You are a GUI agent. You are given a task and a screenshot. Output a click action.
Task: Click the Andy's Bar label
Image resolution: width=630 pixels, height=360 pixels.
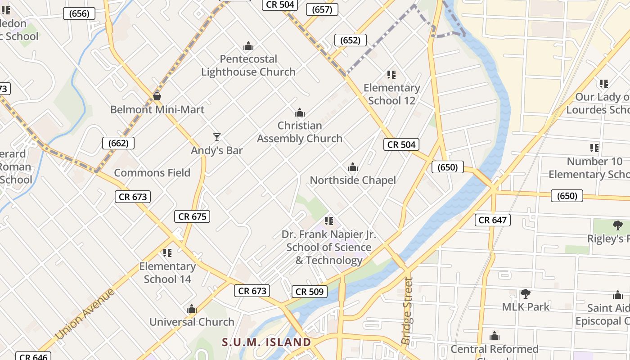(x=217, y=150)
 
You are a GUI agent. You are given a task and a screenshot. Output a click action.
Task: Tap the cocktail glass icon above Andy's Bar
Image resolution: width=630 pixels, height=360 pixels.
(x=217, y=137)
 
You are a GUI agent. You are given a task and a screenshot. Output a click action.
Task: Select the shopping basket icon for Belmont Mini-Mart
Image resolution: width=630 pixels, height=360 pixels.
(x=157, y=96)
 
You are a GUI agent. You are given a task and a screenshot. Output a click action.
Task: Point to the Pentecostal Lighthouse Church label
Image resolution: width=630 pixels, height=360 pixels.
(x=248, y=65)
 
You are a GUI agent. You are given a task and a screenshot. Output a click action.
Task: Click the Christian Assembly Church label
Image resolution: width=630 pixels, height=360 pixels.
(x=300, y=132)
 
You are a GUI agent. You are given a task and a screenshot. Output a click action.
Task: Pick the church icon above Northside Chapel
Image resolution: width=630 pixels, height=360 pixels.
(x=353, y=167)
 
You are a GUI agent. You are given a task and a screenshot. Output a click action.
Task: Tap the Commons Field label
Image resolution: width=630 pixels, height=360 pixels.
(x=152, y=173)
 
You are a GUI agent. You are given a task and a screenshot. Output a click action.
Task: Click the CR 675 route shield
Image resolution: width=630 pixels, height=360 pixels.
(x=193, y=216)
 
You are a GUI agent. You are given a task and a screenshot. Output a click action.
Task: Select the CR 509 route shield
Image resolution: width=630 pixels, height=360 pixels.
(x=310, y=292)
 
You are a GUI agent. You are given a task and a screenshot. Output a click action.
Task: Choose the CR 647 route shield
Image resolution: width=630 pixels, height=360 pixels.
(x=493, y=220)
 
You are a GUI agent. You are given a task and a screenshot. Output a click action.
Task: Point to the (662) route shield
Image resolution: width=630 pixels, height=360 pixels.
(x=118, y=144)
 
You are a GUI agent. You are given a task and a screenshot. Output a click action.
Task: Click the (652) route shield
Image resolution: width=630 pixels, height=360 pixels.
(x=350, y=40)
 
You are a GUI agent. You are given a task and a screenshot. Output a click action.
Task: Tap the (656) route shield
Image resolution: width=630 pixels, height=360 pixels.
(x=79, y=13)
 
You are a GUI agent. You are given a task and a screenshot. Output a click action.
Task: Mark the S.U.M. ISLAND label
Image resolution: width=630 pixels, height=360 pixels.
(x=266, y=342)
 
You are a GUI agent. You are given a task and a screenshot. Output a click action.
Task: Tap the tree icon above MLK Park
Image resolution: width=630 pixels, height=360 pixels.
(x=525, y=294)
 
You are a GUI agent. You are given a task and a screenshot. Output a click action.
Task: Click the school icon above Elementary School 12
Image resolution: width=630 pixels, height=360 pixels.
(x=391, y=75)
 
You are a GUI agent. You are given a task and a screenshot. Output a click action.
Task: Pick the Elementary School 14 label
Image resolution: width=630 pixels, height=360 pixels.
(x=167, y=273)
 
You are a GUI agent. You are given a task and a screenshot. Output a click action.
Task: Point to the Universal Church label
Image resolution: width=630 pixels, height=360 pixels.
(x=192, y=322)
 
